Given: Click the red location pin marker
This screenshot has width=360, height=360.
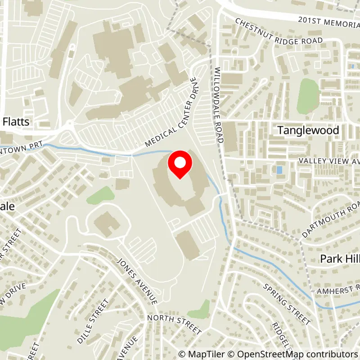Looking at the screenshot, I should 180,165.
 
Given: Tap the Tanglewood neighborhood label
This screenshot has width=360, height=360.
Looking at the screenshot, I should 308,130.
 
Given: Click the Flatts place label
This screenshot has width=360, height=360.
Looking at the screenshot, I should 16,121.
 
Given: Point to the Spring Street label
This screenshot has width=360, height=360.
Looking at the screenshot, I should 287,304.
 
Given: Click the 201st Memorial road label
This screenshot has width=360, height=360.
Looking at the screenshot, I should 328,20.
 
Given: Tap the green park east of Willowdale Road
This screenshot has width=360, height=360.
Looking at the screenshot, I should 308,95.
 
